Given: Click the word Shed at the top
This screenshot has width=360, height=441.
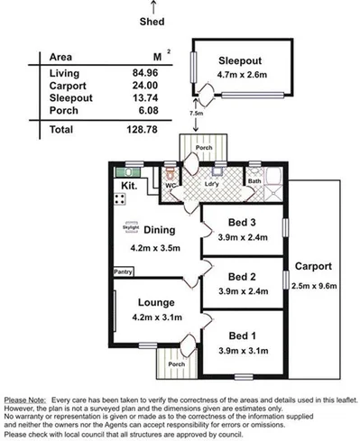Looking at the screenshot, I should pyautogui.click(x=152, y=23).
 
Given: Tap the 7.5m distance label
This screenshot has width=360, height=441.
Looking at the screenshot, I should pyautogui.click(x=196, y=115).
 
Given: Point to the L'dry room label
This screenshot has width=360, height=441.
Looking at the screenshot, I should pyautogui.click(x=212, y=186).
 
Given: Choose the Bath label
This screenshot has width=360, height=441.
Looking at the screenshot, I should pyautogui.click(x=254, y=181).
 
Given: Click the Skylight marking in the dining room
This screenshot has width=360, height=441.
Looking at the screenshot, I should pyautogui.click(x=131, y=226).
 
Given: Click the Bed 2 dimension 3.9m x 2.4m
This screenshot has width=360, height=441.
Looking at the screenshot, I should pyautogui.click(x=243, y=291).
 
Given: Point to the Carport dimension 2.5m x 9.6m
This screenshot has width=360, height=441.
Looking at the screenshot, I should pyautogui.click(x=314, y=287).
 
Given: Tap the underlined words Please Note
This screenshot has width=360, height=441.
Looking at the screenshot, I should pyautogui.click(x=26, y=398).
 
